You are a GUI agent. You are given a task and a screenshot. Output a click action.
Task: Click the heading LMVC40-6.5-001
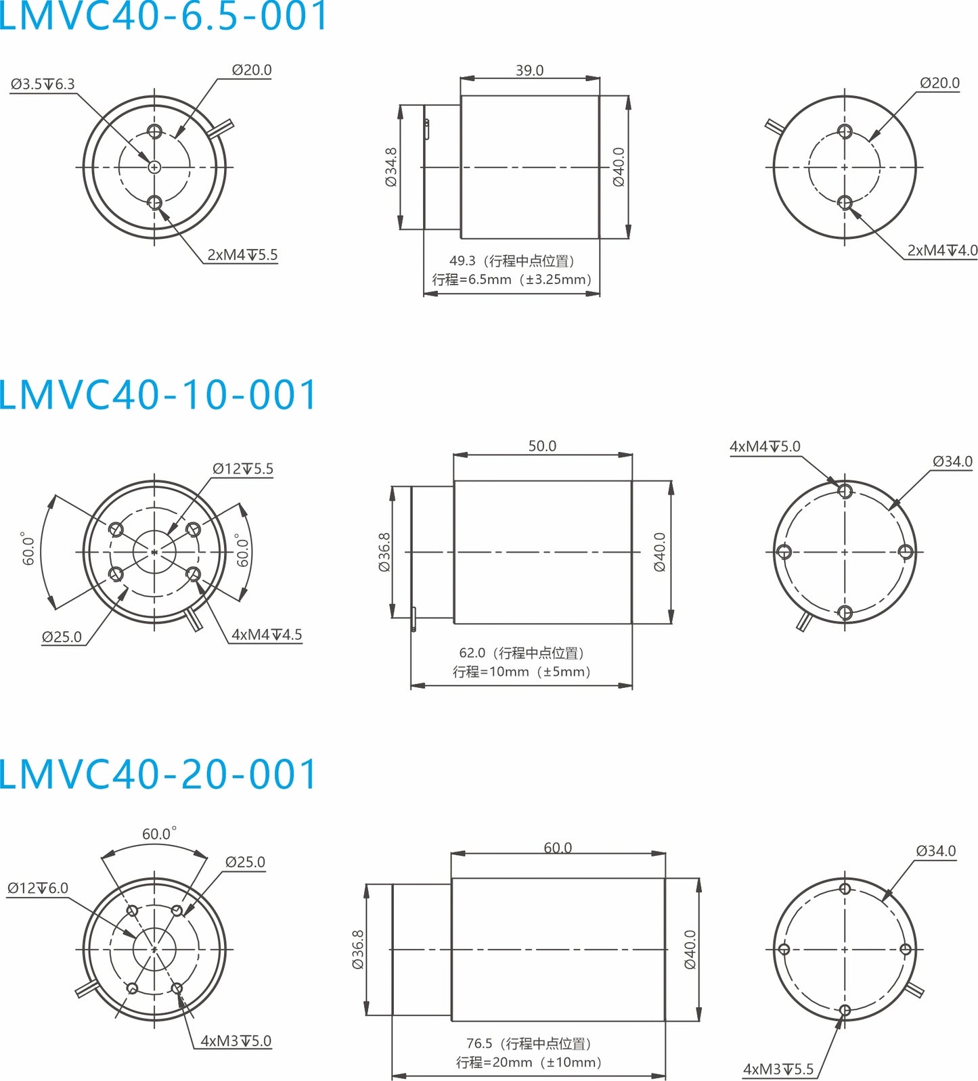click(162, 16)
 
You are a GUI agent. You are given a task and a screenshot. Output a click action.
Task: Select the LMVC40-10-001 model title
click(157, 395)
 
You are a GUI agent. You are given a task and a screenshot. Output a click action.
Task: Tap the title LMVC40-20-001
click(157, 775)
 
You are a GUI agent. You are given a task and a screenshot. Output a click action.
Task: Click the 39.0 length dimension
click(529, 70)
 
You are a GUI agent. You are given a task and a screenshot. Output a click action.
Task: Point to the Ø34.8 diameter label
click(391, 167)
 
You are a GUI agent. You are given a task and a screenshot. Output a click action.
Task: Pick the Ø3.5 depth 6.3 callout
click(43, 85)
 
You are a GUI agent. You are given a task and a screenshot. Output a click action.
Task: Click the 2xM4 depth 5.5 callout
click(242, 255)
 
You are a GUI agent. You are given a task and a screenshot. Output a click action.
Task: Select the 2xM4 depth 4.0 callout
click(941, 250)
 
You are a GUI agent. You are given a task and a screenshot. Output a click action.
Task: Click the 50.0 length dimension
click(542, 446)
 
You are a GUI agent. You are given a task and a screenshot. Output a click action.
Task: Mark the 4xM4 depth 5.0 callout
click(764, 446)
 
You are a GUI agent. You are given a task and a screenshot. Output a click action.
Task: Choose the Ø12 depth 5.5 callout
click(242, 469)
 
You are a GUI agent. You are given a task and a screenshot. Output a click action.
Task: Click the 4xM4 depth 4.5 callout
click(267, 635)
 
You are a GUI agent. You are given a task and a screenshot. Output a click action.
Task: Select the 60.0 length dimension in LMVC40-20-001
click(558, 848)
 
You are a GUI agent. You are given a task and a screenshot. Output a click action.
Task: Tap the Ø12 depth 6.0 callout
click(38, 888)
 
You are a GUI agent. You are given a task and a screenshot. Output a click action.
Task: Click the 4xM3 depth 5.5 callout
click(778, 1069)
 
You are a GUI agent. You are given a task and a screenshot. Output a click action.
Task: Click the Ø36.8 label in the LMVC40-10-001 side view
click(384, 552)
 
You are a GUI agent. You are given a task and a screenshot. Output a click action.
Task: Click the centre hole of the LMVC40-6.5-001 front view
click(154, 166)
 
